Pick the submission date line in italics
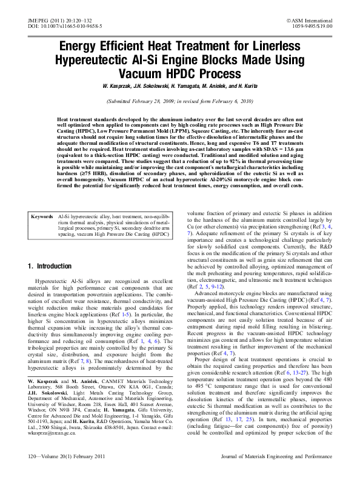click(x=179, y=102)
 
